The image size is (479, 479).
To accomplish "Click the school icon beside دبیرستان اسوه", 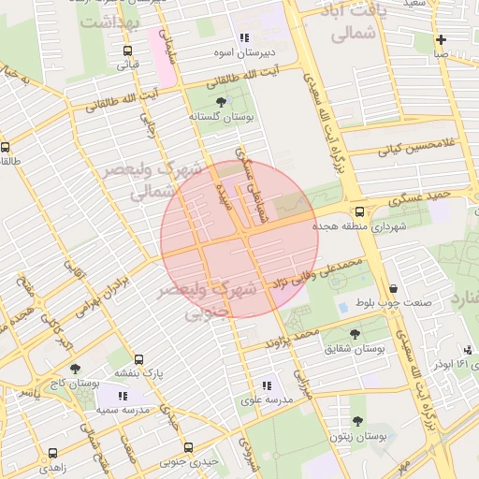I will tap(244, 38).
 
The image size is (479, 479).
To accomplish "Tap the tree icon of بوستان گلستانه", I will tap(221, 102).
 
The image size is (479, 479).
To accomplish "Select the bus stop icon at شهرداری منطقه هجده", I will tap(359, 211).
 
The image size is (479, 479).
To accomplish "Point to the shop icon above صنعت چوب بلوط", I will tap(392, 288).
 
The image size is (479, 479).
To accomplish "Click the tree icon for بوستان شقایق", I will tap(355, 333).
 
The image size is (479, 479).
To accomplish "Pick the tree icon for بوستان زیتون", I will tap(357, 422).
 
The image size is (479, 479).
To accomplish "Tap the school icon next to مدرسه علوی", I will tap(267, 385).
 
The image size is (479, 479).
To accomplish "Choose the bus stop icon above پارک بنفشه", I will tap(138, 359).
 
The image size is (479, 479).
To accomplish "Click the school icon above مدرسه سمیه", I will tap(123, 397).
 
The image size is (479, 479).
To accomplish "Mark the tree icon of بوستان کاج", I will tap(75, 369).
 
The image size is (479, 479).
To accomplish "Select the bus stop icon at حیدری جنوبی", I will tap(188, 447).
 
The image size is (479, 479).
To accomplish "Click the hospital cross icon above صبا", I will tap(440, 40).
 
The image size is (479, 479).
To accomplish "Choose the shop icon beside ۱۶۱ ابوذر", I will tap(470, 350).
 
